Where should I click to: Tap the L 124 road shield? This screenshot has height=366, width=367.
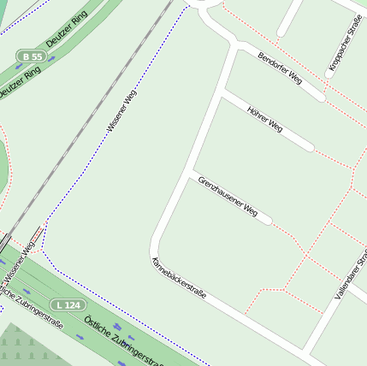tap(68, 304)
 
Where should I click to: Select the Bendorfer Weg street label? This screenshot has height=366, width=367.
tap(280, 68)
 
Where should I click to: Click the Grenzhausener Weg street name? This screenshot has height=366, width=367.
tap(228, 195)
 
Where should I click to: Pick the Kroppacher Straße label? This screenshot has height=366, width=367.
tap(345, 43)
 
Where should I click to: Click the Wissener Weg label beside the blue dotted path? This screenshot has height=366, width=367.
tap(121, 107)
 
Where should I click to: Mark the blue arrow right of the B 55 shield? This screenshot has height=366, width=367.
tap(52, 58)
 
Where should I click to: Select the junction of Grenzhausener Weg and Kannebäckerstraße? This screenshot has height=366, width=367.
tap(192, 174)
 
